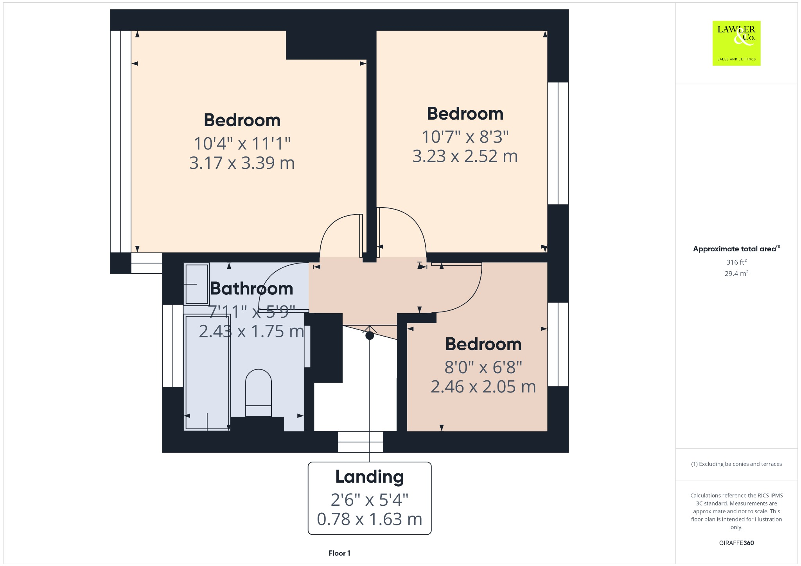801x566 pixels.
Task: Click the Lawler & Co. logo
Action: (736, 43)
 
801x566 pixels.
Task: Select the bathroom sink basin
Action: (197, 284)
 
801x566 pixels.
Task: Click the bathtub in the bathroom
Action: (207, 373)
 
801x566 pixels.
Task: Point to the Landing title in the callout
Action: (369, 477)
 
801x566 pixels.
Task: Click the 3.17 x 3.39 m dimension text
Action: (242, 163)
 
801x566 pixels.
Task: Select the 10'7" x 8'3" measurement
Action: (465, 137)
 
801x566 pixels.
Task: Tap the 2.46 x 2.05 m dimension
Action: (483, 387)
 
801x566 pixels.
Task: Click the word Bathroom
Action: (251, 289)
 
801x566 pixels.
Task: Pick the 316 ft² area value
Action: (736, 262)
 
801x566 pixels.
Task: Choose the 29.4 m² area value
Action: (736, 274)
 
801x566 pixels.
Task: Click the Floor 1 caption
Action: (339, 553)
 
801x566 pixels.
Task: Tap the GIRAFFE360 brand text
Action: (736, 543)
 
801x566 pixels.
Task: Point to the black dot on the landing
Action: (370, 335)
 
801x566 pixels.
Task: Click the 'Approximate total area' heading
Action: (734, 249)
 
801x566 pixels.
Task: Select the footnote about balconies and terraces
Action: (736, 464)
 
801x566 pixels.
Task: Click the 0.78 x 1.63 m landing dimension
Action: (369, 519)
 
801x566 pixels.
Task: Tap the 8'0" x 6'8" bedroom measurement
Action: (483, 367)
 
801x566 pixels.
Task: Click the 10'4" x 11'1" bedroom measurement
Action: (242, 144)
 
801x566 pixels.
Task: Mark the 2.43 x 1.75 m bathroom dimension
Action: (251, 331)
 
